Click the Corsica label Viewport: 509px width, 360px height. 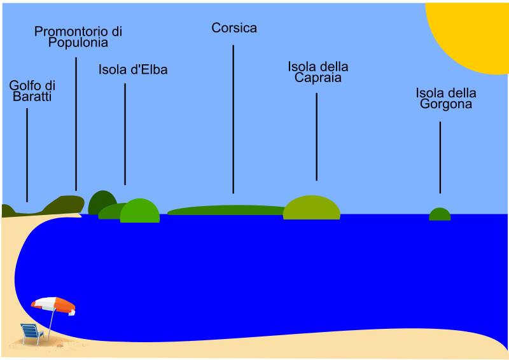(x=234, y=28)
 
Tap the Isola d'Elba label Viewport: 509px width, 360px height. (x=133, y=70)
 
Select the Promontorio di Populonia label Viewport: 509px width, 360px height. (x=78, y=37)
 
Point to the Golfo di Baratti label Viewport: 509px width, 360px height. (x=32, y=91)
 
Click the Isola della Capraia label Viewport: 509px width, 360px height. (x=318, y=72)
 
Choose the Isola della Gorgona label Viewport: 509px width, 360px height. (x=446, y=99)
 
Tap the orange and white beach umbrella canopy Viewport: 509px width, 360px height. (x=53, y=305)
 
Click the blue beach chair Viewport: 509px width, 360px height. (x=32, y=333)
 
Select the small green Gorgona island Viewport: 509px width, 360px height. (x=440, y=214)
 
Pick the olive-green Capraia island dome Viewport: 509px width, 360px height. (x=312, y=208)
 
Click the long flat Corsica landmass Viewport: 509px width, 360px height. (x=227, y=210)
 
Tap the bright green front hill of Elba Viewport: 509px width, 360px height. (x=140, y=211)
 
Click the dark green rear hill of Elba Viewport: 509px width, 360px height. (x=102, y=202)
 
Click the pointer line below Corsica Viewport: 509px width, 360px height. (x=233, y=119)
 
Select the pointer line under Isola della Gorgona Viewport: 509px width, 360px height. (x=440, y=158)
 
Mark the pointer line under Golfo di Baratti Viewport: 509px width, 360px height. (x=27, y=155)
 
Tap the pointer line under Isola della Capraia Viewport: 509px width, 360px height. (x=316, y=137)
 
